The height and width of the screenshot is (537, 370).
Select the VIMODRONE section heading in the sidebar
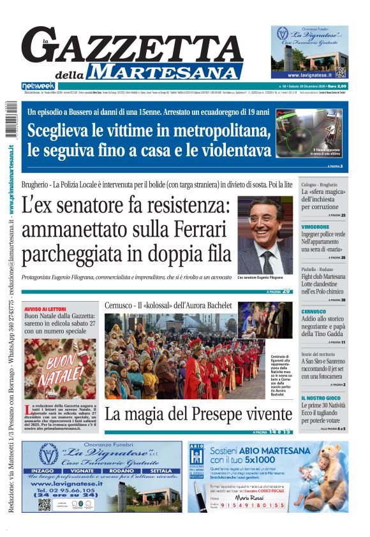click(x=315, y=226)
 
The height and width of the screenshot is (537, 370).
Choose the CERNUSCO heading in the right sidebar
click(x=314, y=311)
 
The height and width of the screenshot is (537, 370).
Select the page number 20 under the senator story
click(x=286, y=291)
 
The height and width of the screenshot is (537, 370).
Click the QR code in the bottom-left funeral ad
click(x=44, y=504)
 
